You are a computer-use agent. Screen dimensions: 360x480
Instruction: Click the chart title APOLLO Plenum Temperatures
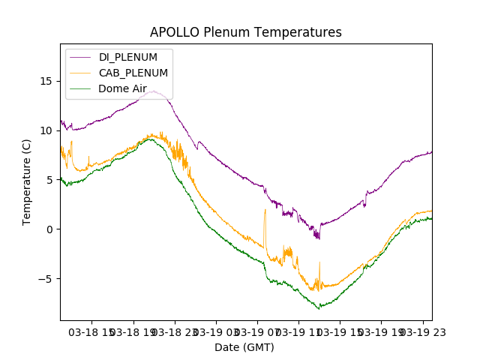pos(245,32)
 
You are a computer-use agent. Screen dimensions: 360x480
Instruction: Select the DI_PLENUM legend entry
pos(127,57)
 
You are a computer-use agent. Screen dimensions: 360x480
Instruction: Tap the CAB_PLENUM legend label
pos(133,73)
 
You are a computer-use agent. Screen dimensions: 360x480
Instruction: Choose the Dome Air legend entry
pos(122,88)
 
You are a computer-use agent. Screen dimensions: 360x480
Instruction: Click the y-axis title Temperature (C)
pos(27,181)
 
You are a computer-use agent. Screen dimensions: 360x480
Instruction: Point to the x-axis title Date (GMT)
pos(244,347)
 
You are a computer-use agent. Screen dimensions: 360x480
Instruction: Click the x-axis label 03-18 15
pos(92,331)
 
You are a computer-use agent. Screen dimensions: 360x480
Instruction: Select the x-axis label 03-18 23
pos(175,331)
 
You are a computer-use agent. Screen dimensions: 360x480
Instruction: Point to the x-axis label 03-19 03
pos(216,331)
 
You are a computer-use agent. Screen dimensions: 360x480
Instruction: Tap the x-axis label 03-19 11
pos(298,331)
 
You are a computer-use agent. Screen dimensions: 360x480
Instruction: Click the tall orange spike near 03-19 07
pos(265,211)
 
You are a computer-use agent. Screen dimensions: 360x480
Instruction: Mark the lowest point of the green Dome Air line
pos(319,308)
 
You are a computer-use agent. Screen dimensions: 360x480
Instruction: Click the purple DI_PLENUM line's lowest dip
pos(319,238)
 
